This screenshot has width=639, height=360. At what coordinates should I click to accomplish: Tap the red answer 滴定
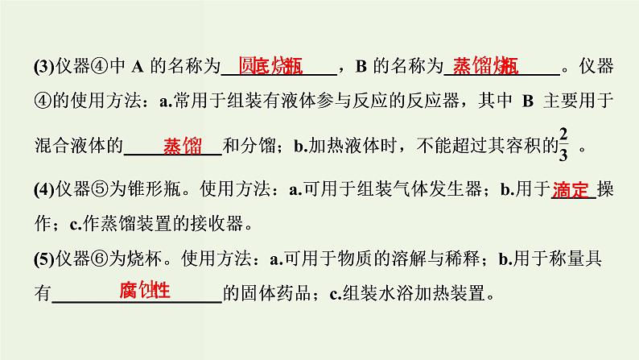pos(572,190)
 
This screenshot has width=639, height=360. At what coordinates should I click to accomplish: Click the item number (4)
pos(43,191)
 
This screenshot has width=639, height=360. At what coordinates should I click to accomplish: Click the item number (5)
pos(43,260)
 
